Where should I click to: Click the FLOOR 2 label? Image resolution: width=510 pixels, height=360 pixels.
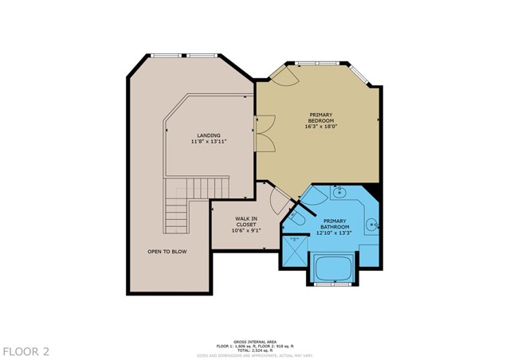[26, 350]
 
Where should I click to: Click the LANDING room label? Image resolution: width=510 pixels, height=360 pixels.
[209, 135]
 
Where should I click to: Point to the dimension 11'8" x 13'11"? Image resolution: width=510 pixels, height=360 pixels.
[209, 142]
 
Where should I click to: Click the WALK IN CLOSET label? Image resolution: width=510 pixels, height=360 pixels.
[245, 222]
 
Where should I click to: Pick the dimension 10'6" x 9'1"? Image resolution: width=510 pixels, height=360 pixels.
[245, 232]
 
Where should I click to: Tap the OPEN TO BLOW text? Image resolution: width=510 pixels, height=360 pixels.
[167, 252]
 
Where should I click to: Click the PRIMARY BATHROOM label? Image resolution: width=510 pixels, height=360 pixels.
[335, 224]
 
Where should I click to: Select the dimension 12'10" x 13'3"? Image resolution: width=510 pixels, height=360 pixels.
[335, 233]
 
